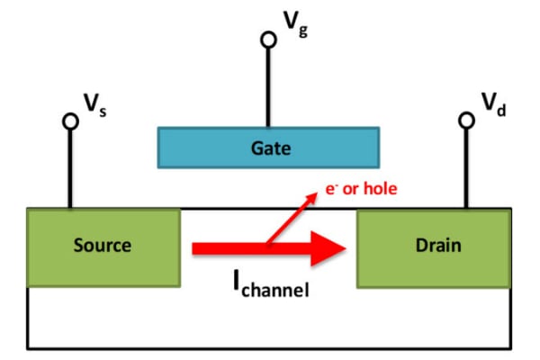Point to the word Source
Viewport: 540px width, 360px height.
coord(103,246)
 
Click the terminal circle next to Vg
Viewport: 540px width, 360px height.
coord(268,40)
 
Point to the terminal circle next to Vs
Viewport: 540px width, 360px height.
coord(70,121)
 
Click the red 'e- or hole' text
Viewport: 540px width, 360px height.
coord(360,189)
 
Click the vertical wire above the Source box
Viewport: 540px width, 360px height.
coord(70,167)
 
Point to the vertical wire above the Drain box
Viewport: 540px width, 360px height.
coord(466,167)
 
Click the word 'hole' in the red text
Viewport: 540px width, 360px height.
coord(379,189)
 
